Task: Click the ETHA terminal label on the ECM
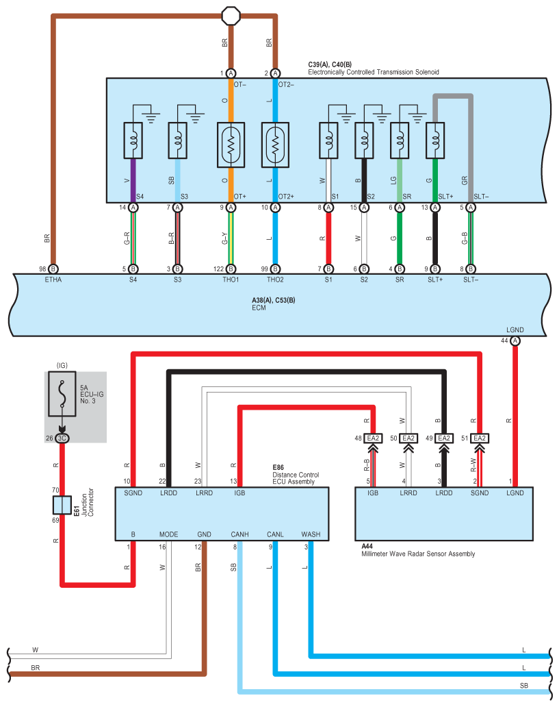(x=53, y=280)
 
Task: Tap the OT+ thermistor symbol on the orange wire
(x=231, y=145)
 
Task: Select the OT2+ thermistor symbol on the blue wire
(x=275, y=145)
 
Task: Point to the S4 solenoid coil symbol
(x=133, y=140)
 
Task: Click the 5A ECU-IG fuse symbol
(x=62, y=395)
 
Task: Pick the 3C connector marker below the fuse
(x=62, y=438)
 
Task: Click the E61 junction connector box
(x=62, y=506)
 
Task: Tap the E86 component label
(x=278, y=467)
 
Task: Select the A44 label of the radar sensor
(x=366, y=546)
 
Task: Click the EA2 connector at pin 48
(x=373, y=438)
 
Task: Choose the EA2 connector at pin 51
(x=479, y=438)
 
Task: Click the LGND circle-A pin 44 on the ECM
(x=515, y=340)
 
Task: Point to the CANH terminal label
(x=239, y=534)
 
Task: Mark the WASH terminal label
(x=311, y=534)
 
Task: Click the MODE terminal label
(x=168, y=534)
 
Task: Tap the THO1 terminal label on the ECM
(x=231, y=280)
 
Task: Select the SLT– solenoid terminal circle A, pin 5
(x=471, y=207)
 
